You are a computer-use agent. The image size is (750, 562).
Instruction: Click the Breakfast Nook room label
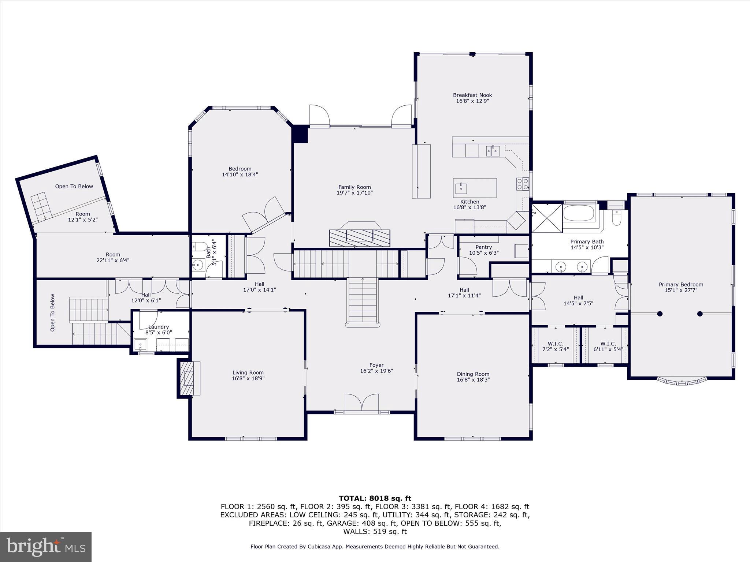(472, 95)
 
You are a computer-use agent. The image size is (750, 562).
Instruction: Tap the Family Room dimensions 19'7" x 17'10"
(354, 193)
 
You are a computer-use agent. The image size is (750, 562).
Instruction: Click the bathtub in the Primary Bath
(580, 213)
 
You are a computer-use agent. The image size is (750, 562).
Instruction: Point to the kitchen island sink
(461, 188)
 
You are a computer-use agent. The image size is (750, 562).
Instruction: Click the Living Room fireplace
(189, 378)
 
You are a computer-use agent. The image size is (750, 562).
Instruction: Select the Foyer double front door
(362, 402)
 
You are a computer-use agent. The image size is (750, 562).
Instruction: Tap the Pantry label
(483, 247)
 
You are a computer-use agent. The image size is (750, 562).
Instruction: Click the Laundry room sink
(140, 345)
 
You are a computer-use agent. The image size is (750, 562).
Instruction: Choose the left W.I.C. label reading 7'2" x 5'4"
(555, 349)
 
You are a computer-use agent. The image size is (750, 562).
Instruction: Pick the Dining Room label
(473, 374)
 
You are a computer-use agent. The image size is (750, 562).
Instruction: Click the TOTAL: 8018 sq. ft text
(375, 498)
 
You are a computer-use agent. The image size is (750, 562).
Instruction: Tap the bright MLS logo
(46, 547)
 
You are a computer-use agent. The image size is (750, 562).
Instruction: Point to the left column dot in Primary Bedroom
(660, 314)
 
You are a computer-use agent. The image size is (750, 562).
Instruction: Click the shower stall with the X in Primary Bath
(547, 218)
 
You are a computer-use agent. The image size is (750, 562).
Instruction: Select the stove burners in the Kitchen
(523, 184)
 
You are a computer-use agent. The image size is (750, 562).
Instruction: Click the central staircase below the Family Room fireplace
(363, 300)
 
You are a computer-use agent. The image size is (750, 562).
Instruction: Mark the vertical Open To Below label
(53, 313)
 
